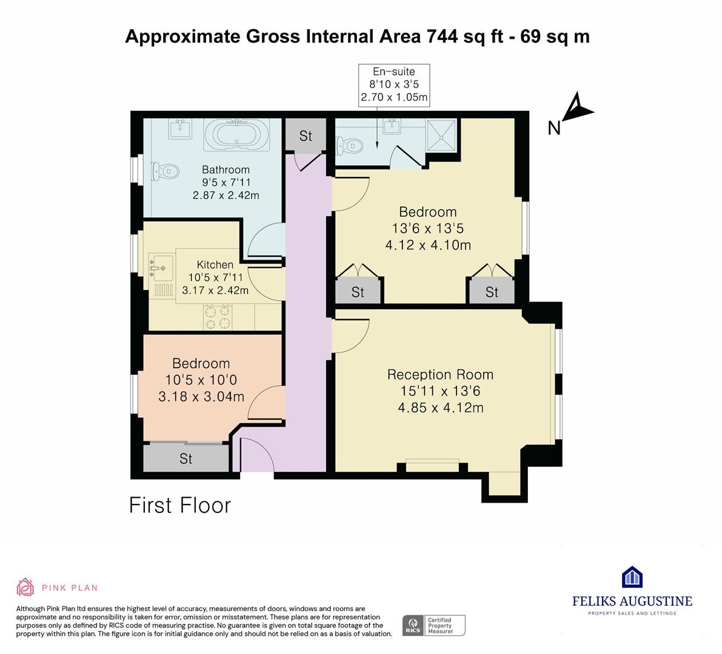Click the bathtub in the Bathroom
tap(236, 134)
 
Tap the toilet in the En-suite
tap(350, 146)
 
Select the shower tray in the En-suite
tap(441, 135)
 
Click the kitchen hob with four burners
tap(218, 317)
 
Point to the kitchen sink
tap(161, 268)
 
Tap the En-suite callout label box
tap(394, 85)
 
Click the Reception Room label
tap(440, 375)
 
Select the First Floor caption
tap(180, 506)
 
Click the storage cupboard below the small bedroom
tap(186, 458)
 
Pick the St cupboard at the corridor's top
tap(306, 135)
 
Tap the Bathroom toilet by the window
tap(164, 171)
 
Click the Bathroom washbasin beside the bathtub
tap(180, 128)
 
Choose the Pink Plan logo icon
tap(25, 587)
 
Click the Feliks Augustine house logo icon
tap(632, 577)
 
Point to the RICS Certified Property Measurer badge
tap(434, 626)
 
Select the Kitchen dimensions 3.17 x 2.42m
tap(215, 290)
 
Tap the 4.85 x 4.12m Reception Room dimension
tap(441, 408)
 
